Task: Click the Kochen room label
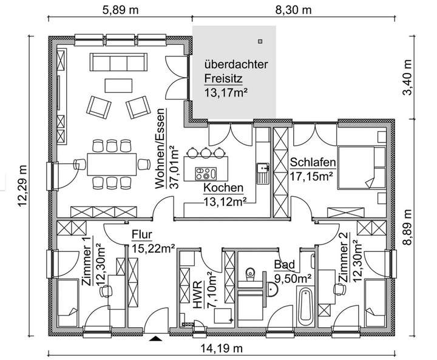tap(223, 188)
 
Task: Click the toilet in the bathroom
tap(249, 277)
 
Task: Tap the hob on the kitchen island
tap(205, 173)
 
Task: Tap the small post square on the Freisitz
tap(260, 41)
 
